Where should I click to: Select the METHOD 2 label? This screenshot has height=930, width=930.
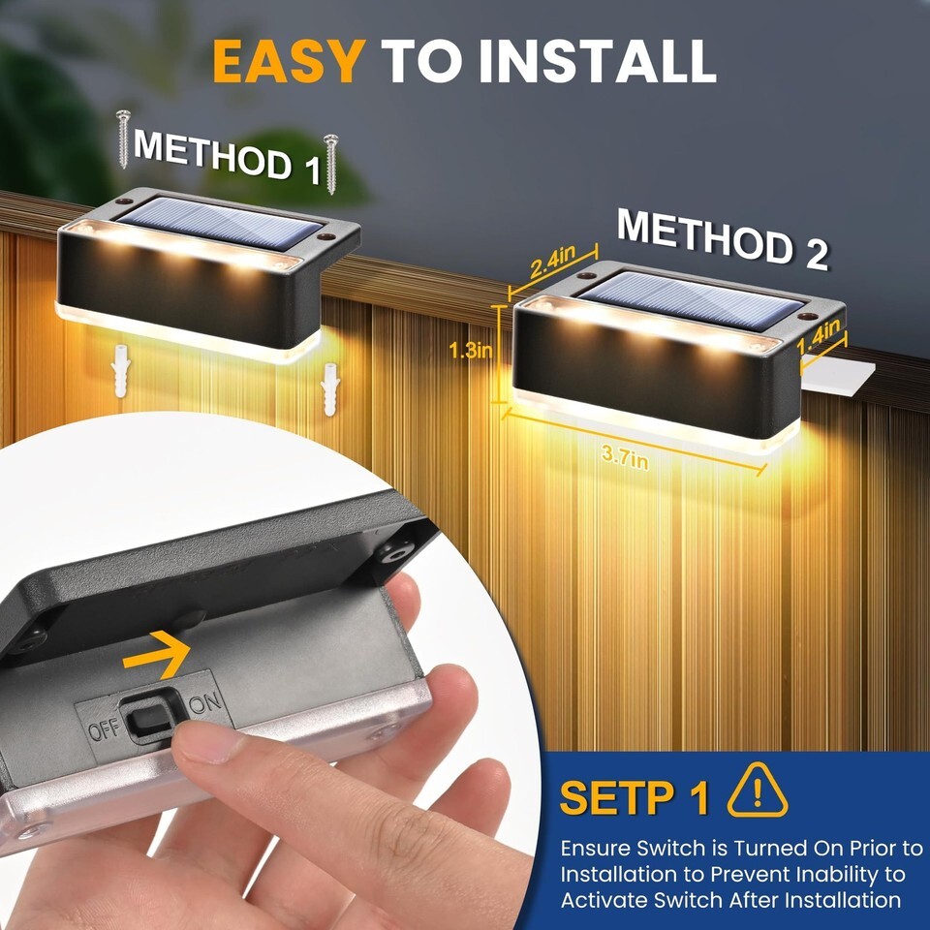pyautogui.click(x=722, y=240)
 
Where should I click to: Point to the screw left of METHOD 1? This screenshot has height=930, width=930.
pyautogui.click(x=123, y=139)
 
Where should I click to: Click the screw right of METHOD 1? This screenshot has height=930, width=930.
pyautogui.click(x=331, y=165)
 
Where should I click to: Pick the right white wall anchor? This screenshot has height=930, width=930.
pyautogui.click(x=328, y=389)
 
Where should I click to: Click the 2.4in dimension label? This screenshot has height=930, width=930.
pyautogui.click(x=552, y=261)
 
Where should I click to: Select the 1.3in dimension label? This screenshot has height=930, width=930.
pyautogui.click(x=471, y=351)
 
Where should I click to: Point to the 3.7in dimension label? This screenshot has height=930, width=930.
pyautogui.click(x=625, y=456)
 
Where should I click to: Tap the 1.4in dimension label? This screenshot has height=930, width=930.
pyautogui.click(x=820, y=336)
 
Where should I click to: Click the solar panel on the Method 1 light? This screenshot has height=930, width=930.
pyautogui.click(x=220, y=223)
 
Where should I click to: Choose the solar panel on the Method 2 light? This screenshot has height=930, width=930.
pyautogui.click(x=691, y=300)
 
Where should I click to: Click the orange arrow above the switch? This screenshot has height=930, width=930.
pyautogui.click(x=157, y=654)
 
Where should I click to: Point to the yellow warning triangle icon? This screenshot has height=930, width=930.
pyautogui.click(x=758, y=790)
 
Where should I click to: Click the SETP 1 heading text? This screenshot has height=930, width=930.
pyautogui.click(x=634, y=797)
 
